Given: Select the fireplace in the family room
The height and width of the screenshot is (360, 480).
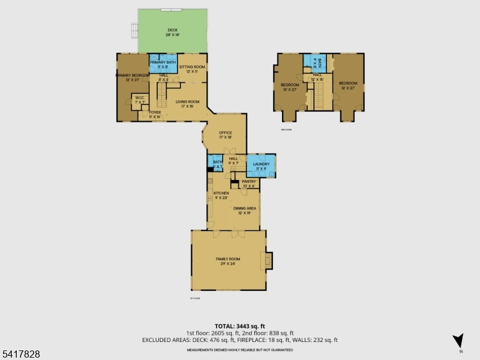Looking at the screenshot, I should [x=268, y=260].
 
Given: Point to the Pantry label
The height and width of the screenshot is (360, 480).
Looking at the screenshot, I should [x=249, y=183].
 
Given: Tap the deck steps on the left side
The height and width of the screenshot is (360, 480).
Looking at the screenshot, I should [x=134, y=30].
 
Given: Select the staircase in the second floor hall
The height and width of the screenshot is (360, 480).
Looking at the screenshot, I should [x=319, y=96].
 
